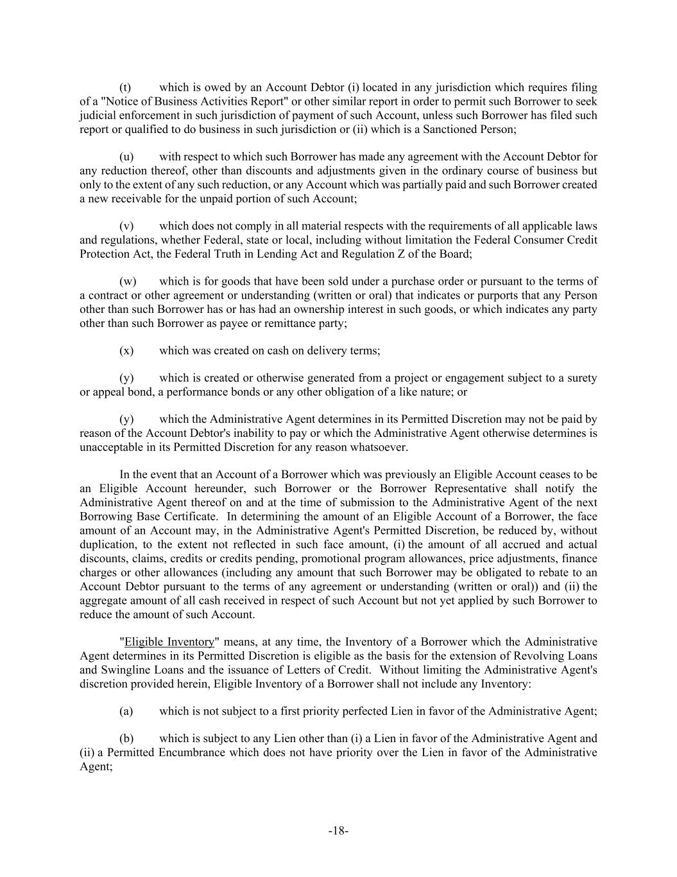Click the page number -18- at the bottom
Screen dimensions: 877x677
(338, 831)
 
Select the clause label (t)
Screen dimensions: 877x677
(126, 87)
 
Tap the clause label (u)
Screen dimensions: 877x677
(126, 157)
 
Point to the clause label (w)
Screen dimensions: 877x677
(128, 281)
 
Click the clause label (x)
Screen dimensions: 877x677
(126, 351)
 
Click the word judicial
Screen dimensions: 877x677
(100, 116)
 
